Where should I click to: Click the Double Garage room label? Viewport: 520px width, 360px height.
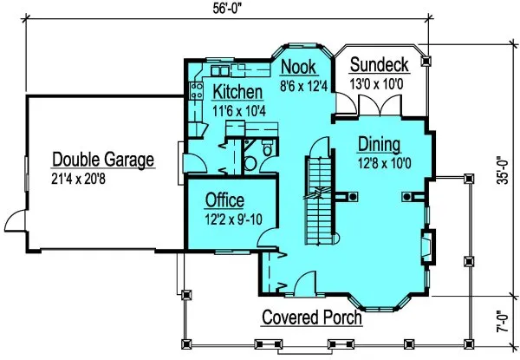(103, 160)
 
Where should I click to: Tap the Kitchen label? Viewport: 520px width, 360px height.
(238, 92)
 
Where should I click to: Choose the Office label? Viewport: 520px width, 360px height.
(224, 201)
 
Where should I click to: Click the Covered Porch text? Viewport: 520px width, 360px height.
(312, 317)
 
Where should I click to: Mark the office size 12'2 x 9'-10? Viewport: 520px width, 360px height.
(231, 219)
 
